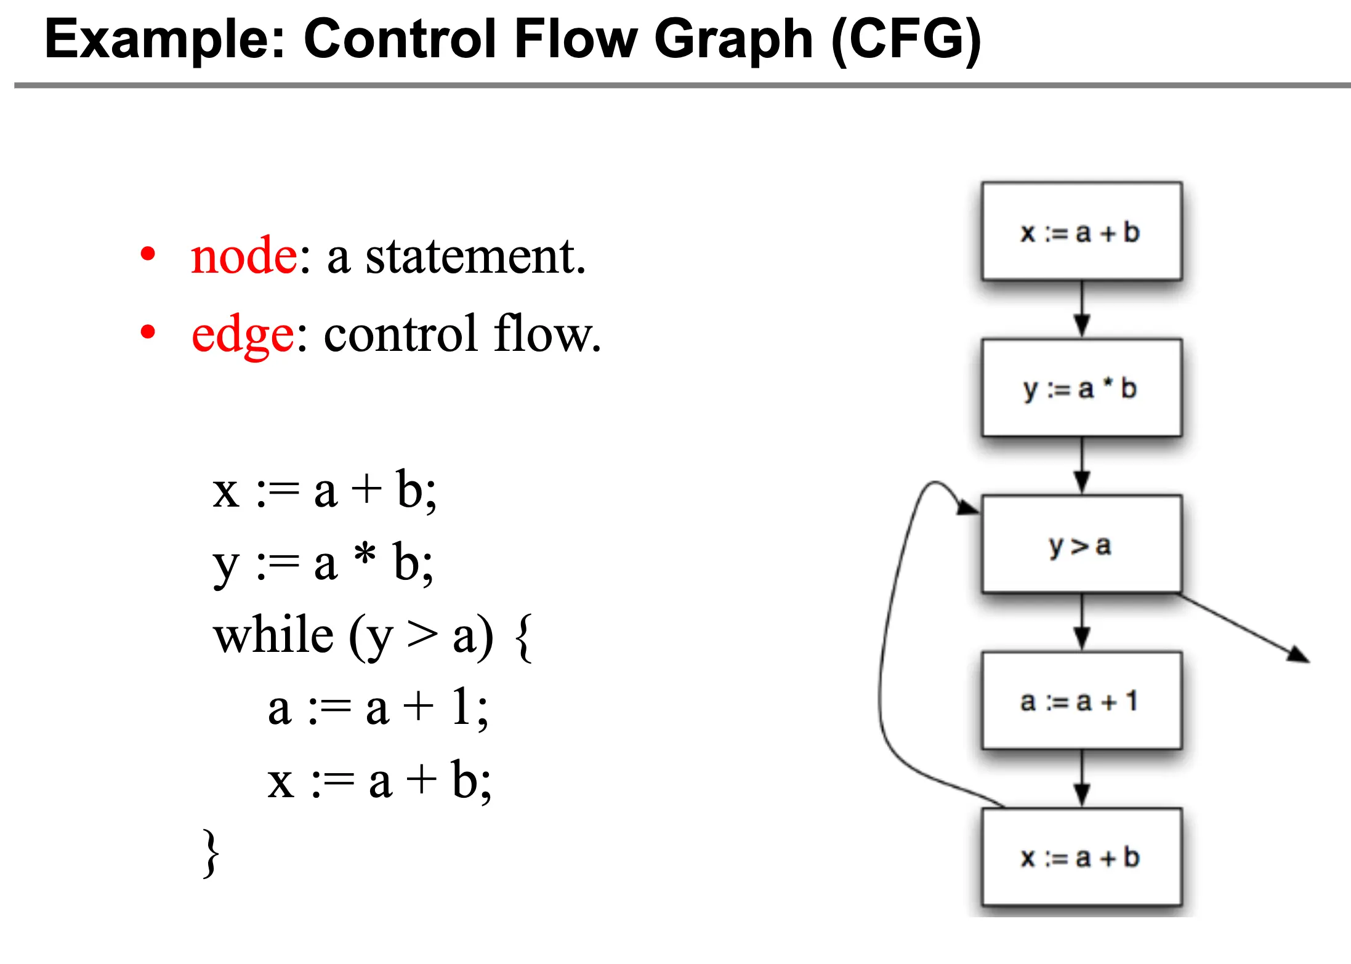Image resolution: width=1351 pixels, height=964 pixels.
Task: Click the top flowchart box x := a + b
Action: (x=1081, y=231)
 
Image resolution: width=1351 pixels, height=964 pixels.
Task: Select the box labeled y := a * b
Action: (x=1081, y=388)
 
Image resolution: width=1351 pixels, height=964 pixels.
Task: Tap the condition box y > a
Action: (x=1081, y=544)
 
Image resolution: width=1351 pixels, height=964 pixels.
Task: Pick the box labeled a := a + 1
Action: (x=1081, y=701)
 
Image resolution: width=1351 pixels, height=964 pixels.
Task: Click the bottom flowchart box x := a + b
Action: (x=1081, y=857)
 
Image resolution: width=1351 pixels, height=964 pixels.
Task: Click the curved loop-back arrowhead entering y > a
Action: (x=968, y=507)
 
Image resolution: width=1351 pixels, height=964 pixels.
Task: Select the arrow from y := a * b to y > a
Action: (x=1082, y=465)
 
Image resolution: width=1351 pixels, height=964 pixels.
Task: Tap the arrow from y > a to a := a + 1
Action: (x=1082, y=622)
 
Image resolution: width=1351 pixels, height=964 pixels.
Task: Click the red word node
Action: (x=244, y=256)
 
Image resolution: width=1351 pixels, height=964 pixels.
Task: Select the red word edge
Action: (x=243, y=335)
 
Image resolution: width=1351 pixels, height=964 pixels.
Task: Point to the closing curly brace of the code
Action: (x=211, y=853)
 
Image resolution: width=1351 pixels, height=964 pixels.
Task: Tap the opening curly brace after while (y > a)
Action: (x=523, y=638)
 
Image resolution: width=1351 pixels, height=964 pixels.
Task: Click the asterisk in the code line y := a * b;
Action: (x=365, y=554)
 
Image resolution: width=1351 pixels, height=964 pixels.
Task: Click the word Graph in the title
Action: (x=733, y=39)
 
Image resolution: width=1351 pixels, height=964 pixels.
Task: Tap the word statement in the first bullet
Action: (x=475, y=256)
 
